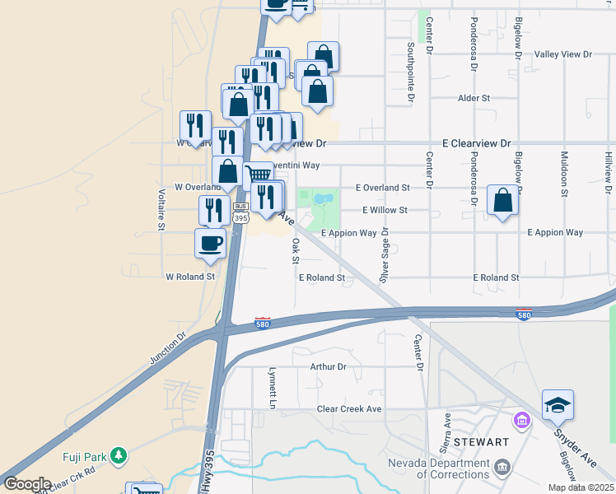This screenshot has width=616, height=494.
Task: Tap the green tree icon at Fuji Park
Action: click(119, 454)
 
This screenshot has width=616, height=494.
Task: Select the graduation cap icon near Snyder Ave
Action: click(558, 405)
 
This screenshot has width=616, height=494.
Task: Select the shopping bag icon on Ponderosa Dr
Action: click(502, 200)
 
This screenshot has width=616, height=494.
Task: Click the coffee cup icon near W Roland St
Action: click(210, 243)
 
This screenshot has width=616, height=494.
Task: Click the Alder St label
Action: click(474, 98)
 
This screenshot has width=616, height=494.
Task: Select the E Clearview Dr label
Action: click(477, 142)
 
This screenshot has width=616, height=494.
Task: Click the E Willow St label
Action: click(385, 210)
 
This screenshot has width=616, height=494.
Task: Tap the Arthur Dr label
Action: click(328, 366)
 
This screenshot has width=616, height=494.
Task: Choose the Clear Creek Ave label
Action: click(349, 409)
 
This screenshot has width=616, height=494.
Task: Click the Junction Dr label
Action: click(168, 348)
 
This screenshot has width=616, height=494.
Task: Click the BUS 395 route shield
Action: click(240, 213)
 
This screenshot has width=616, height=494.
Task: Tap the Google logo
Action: click(27, 484)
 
